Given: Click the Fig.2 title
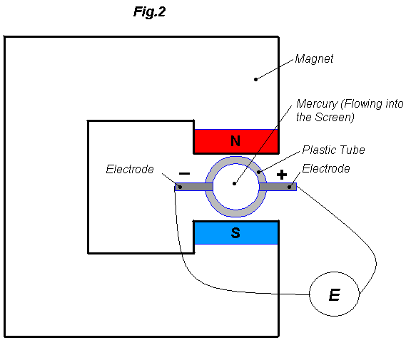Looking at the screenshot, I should (149, 11).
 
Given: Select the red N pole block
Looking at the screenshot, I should (214, 141).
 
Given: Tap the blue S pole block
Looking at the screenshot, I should (214, 233).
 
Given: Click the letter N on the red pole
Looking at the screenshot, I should (235, 141).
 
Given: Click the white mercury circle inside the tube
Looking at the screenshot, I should (235, 187).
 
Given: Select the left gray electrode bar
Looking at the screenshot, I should (191, 187).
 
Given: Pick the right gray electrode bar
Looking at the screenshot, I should (280, 187).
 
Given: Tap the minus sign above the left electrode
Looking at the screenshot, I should (183, 174).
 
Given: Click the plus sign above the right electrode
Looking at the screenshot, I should (282, 174).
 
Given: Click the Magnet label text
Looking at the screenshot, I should (314, 59).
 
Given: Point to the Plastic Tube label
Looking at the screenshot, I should (333, 150).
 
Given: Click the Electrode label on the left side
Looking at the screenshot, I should (130, 170).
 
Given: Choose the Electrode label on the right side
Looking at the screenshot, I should (326, 169).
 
